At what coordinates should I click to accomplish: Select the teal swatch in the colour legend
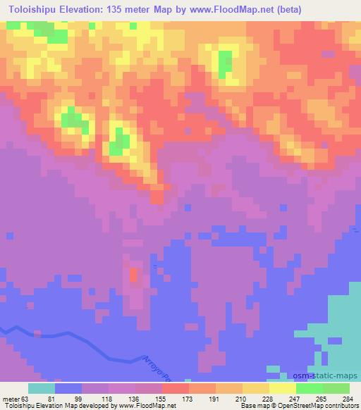click(42, 388)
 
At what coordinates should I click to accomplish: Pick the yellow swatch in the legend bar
click(283, 388)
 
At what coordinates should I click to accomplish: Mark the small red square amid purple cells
click(133, 275)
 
